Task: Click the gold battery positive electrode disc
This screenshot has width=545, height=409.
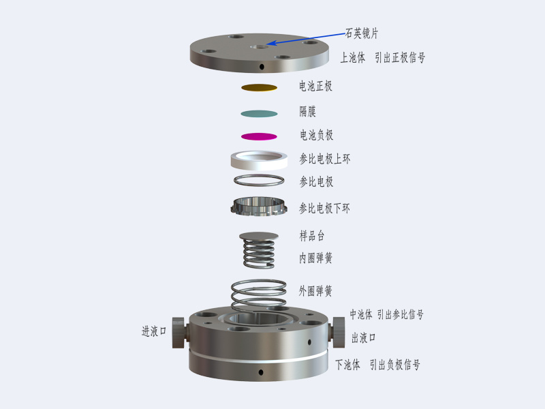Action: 260,88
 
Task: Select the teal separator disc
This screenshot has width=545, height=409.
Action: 260,114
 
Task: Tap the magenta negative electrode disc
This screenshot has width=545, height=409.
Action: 260,137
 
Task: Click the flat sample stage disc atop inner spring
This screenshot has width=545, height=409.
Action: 259,236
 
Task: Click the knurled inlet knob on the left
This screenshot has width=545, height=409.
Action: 179,333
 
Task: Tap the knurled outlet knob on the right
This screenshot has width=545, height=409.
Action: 338,332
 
